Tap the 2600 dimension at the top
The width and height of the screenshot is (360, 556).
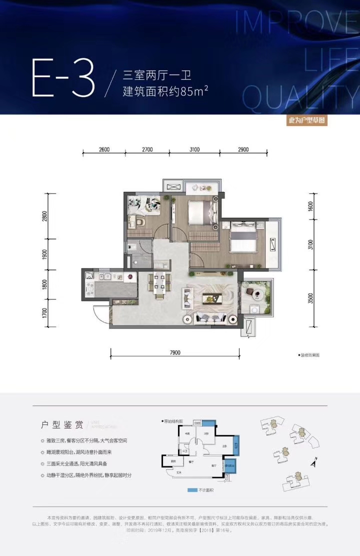point(104,149)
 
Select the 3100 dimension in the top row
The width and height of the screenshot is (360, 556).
point(194,149)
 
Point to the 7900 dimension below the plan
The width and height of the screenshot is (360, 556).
point(174,352)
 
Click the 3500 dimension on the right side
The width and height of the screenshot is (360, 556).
point(311,298)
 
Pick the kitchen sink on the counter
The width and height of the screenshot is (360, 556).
point(106,276)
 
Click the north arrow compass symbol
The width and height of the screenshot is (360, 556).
point(313,462)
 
